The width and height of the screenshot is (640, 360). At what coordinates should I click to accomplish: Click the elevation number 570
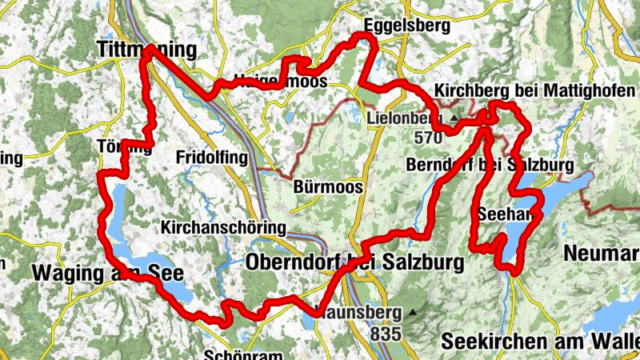tap(429, 138)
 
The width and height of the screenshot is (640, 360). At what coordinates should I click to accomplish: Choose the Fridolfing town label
tap(211, 158)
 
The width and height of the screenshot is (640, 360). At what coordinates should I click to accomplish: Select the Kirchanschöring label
tap(223, 228)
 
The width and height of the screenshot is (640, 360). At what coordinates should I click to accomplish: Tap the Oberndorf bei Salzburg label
tap(356, 262)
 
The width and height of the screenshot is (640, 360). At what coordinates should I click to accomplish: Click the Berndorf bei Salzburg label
tap(490, 166)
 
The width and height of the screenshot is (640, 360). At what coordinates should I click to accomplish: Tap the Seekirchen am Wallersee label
tap(540, 342)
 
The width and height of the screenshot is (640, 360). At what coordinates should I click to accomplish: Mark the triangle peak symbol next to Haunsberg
tap(413, 312)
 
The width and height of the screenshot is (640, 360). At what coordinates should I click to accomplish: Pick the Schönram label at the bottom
tap(234, 354)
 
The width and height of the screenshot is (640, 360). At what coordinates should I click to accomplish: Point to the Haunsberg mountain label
tap(356, 312)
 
